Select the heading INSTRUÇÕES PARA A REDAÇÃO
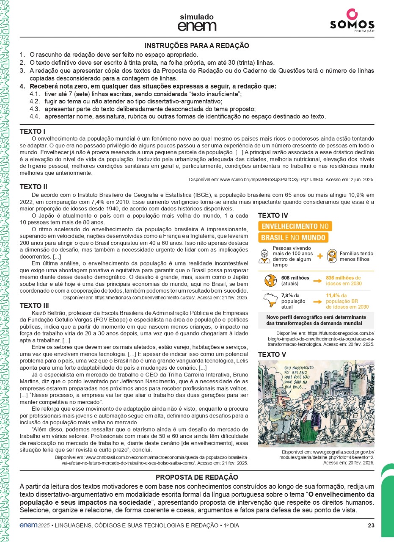[x=197, y=46]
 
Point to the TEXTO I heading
[x=33, y=131]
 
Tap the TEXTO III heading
[x=34, y=305]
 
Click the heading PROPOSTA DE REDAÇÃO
[x=197, y=477]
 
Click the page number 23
[x=371, y=526]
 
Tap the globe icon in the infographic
[x=269, y=281]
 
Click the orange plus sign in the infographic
[x=320, y=256]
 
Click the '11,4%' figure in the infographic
[x=334, y=296]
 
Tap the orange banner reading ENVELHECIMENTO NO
[x=295, y=227]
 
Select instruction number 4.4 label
[x=35, y=116]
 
